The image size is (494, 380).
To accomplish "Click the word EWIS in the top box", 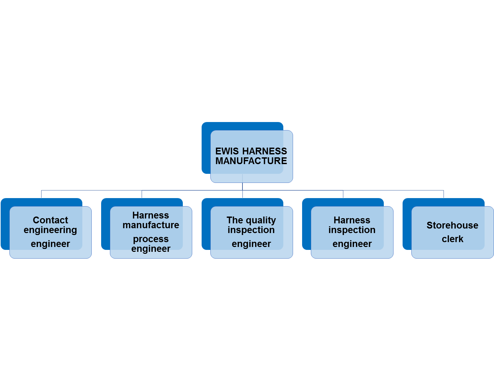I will [x=227, y=151].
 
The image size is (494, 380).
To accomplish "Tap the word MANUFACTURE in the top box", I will [x=251, y=161].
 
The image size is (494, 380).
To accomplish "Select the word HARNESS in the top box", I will [x=265, y=151].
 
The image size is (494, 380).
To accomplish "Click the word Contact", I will [x=51, y=220].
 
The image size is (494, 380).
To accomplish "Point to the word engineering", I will [x=50, y=230].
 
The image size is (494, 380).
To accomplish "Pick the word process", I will [x=151, y=239].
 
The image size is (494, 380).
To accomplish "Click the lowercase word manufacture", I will [x=151, y=225].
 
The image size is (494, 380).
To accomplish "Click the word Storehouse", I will [x=452, y=225].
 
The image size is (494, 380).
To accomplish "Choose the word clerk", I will [x=453, y=239].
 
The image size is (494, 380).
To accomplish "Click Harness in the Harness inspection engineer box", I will [x=352, y=220].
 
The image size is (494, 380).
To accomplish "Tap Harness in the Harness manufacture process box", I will [x=151, y=215].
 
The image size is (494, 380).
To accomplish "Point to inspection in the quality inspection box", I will [x=251, y=230].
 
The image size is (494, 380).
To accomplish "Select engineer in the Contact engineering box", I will [x=50, y=244].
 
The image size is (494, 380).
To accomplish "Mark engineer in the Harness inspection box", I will [x=352, y=244].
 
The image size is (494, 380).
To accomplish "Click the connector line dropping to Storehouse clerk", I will [x=443, y=194].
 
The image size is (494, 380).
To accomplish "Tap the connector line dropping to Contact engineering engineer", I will [x=41, y=194].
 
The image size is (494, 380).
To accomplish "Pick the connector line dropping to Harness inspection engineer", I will [x=343, y=194].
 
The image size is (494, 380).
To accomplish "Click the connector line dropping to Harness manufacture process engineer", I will [x=142, y=194].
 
